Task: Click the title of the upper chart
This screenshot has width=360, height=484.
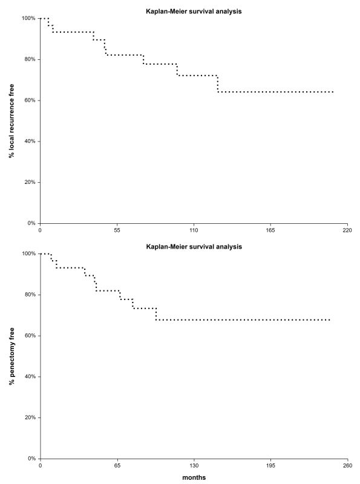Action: [194, 11]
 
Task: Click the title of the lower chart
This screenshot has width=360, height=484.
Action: [194, 247]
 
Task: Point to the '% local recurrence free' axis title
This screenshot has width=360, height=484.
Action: [11, 120]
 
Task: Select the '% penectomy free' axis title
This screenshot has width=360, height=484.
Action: [11, 356]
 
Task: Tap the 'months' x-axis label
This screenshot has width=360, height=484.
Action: [194, 477]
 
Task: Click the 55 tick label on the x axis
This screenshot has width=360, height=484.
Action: [117, 231]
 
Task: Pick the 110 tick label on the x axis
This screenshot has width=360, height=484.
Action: [194, 231]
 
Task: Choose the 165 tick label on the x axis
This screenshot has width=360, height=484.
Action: [270, 231]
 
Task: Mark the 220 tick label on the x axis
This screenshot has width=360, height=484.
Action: [347, 231]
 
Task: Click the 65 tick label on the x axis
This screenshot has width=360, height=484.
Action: [117, 465]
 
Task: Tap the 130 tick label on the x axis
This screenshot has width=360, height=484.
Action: [194, 465]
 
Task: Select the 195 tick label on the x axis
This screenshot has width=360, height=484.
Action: [271, 465]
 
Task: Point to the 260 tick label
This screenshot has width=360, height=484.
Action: [348, 465]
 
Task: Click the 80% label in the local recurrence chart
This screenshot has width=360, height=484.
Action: [30, 59]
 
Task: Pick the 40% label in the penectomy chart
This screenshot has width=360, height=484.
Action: [30, 376]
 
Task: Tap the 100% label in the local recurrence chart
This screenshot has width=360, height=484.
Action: [28, 18]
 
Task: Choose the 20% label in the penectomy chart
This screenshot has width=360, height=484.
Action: [30, 417]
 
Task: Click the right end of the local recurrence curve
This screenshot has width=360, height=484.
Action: [333, 92]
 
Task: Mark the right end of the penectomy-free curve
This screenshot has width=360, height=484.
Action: [330, 320]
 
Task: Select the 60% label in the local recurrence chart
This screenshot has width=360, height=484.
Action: [30, 100]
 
